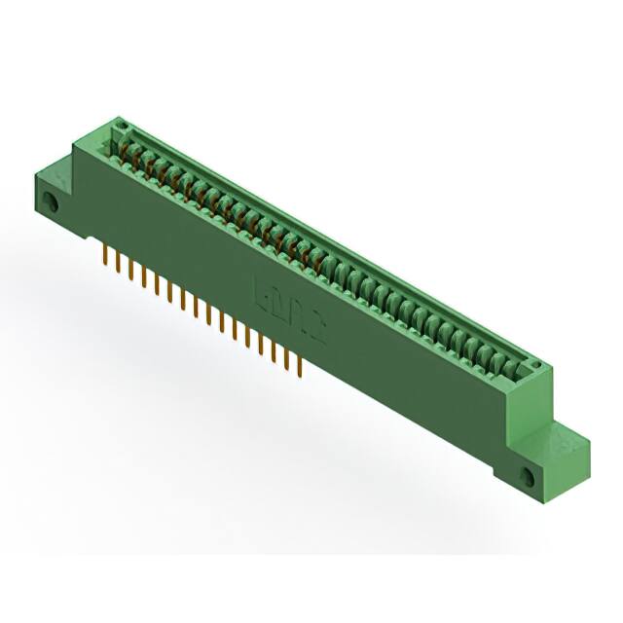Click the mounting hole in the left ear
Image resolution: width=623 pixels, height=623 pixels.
pyautogui.click(x=53, y=203)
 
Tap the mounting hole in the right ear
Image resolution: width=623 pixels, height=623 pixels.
pyautogui.click(x=530, y=476)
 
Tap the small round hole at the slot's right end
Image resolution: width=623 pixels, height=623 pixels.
pyautogui.click(x=533, y=365)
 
